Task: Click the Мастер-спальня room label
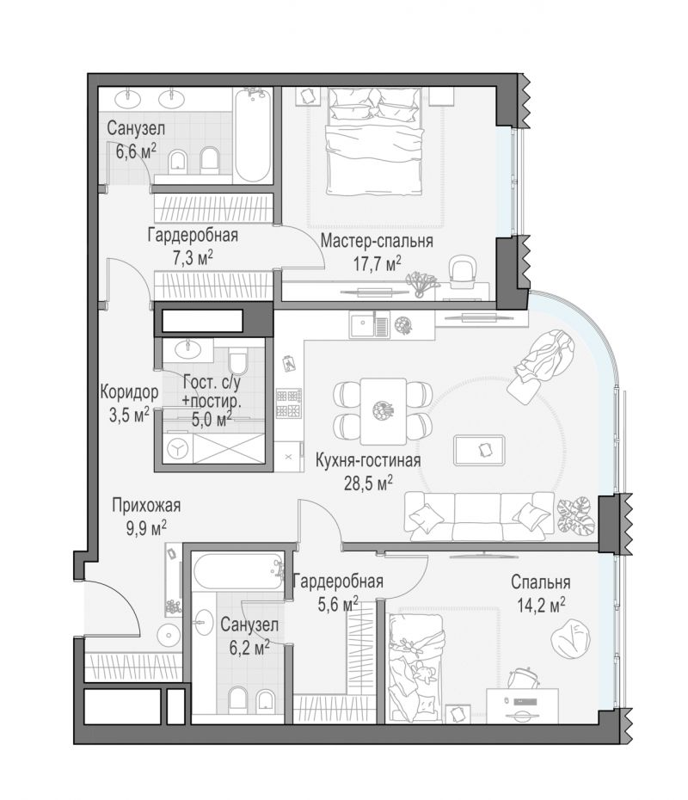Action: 377,240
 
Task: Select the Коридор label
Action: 129,392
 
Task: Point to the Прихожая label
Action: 146,505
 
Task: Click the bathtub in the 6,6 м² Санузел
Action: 253,135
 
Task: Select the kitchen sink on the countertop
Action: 369,324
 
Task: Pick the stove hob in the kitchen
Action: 289,403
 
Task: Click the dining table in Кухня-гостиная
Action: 383,410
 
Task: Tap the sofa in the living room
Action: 479,516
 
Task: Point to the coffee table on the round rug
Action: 479,450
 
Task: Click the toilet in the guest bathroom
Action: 237,360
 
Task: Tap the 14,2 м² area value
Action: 541,605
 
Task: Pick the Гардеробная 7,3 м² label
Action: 193,246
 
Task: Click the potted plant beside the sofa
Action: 576,515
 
